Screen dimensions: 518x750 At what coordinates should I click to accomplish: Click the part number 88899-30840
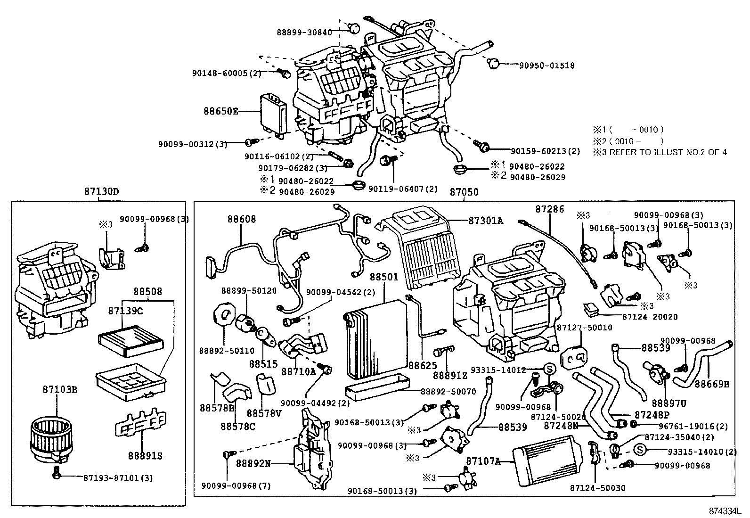pos(304,32)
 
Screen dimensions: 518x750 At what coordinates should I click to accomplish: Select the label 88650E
pos(221,111)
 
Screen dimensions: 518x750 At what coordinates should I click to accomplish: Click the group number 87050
pos(464,192)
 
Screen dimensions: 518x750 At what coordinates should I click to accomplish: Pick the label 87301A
pos(486,220)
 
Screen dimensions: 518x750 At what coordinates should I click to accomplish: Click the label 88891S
pos(145,456)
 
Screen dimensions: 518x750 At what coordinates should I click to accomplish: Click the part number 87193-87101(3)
pos(118,477)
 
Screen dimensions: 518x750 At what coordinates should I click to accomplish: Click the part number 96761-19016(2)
pos(693,426)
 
